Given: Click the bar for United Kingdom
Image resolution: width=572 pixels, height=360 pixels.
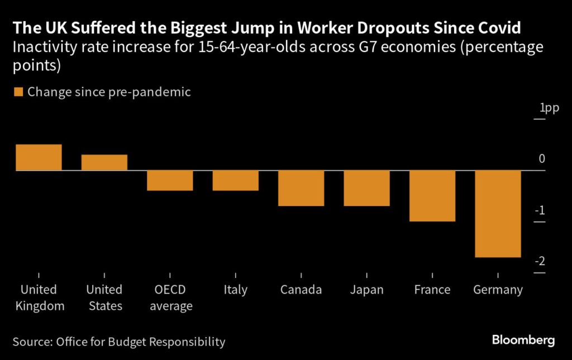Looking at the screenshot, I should [x=39, y=157].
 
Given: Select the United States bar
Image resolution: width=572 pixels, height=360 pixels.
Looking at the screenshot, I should [x=104, y=162].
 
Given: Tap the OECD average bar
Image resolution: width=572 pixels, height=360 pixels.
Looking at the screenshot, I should [x=170, y=180].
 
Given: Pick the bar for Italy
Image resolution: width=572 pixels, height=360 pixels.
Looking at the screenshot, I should [x=236, y=180].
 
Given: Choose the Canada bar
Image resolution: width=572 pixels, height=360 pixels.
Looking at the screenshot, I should [x=301, y=188].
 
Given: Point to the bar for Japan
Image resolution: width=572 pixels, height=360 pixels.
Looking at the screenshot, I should [x=366, y=188].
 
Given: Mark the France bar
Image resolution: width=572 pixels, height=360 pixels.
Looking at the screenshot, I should [x=432, y=196].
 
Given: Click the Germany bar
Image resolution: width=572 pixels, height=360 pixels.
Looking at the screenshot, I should [x=498, y=214].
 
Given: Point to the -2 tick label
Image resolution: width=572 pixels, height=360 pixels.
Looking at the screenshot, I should [x=540, y=262].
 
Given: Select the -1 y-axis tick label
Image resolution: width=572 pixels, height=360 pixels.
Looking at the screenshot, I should [x=540, y=210].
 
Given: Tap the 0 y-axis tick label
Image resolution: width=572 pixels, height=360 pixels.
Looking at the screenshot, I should [x=542, y=160].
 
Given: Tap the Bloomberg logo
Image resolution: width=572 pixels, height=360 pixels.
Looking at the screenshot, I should [x=523, y=340].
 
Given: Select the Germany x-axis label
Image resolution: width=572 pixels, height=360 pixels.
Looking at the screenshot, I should [x=498, y=290].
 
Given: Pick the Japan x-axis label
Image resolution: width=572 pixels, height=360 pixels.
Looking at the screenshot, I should [x=366, y=290].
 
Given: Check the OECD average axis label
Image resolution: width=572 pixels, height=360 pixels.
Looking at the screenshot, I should [x=170, y=297].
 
